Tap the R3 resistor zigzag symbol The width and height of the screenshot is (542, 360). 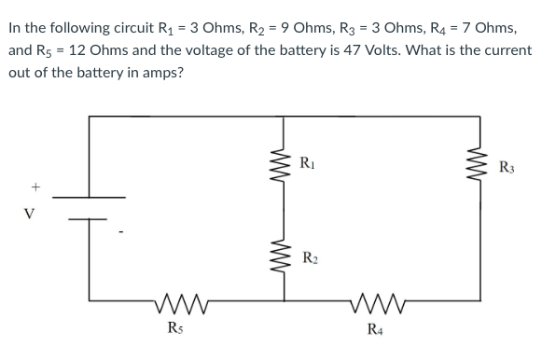(481, 170)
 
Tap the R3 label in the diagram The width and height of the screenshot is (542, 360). (507, 168)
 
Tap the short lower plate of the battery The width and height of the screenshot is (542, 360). (90, 220)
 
